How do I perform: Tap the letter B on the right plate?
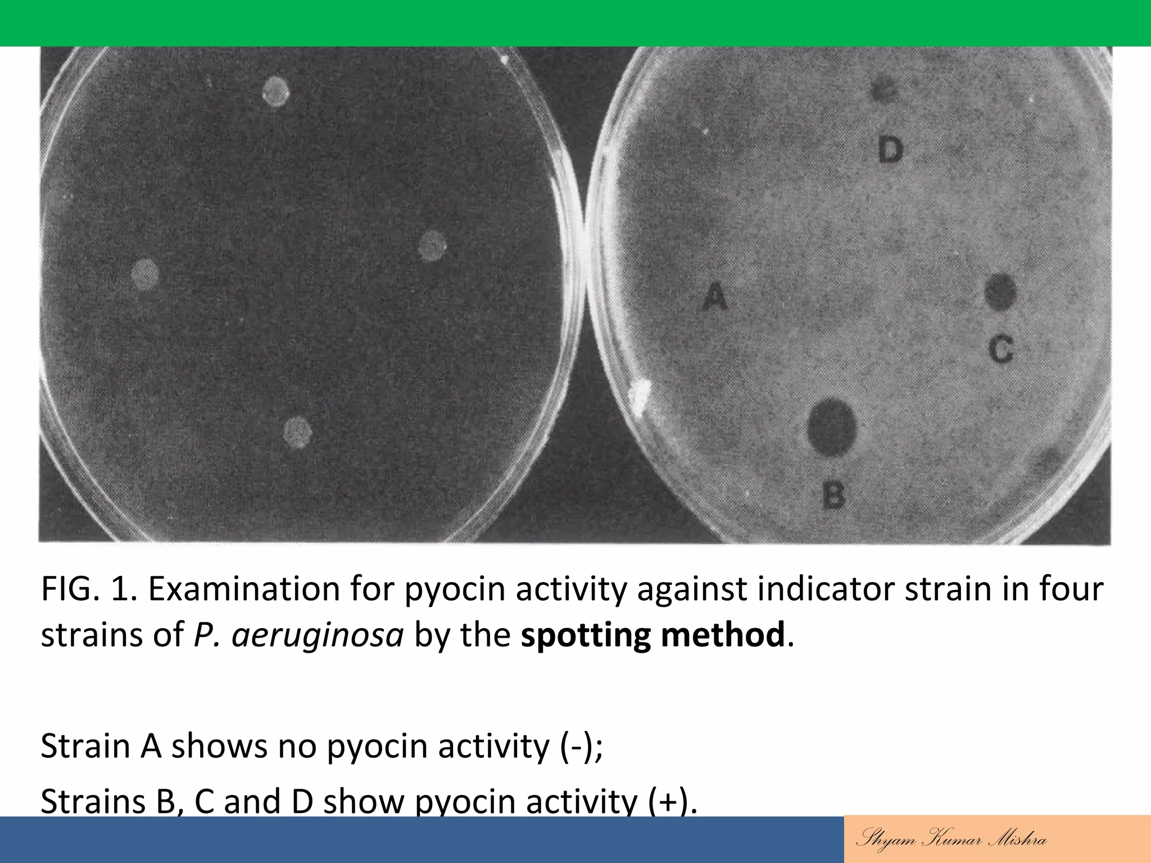[x=833, y=496]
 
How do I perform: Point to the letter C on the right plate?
[x=1001, y=349]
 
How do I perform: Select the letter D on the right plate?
[x=890, y=151]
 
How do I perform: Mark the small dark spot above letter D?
[x=885, y=90]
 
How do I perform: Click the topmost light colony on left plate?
[x=276, y=91]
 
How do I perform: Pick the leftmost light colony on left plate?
[x=145, y=274]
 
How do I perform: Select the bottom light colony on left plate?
[x=297, y=432]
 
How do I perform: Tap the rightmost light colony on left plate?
[x=432, y=246]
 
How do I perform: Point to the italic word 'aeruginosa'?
[x=318, y=635]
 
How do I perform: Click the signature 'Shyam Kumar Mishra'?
[x=951, y=839]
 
